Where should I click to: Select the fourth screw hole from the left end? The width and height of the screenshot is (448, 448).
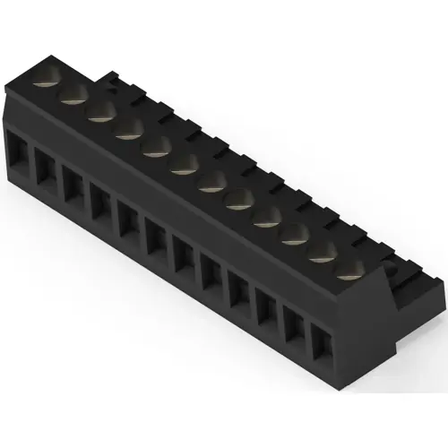127,130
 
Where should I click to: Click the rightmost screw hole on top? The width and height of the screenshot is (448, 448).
352,267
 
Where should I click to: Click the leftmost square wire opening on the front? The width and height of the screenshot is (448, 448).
17,147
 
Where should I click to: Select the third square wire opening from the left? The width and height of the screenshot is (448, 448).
73,182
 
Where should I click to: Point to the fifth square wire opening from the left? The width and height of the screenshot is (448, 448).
129,218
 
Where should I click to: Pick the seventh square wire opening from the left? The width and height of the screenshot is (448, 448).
185,253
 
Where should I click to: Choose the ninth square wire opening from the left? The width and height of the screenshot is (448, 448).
240,289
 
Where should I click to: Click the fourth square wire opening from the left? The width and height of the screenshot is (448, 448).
100,200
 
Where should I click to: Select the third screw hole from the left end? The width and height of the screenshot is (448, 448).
99,112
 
